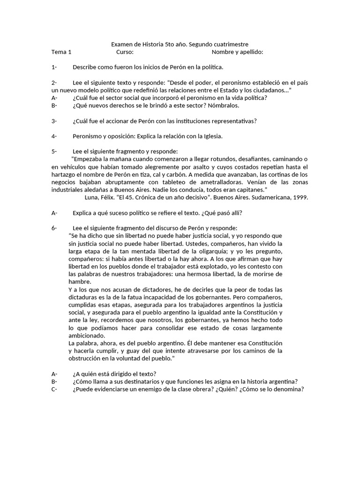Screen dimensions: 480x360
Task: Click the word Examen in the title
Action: (x=122, y=44)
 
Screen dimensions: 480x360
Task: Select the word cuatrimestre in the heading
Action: (x=230, y=44)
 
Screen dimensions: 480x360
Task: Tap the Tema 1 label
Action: (x=61, y=52)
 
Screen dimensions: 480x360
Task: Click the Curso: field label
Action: (x=125, y=52)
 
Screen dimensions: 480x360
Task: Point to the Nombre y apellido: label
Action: (x=237, y=52)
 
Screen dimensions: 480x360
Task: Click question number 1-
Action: (x=54, y=67)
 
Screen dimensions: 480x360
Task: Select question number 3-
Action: (x=54, y=121)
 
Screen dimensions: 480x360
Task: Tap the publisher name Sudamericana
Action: (x=268, y=197)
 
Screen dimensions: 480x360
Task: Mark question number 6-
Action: (x=54, y=228)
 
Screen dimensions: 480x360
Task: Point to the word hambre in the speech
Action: (x=80, y=281)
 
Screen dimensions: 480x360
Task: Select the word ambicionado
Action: (x=87, y=336)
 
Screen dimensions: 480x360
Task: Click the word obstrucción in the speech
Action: (x=86, y=358)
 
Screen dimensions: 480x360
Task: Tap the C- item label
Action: (x=54, y=389)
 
